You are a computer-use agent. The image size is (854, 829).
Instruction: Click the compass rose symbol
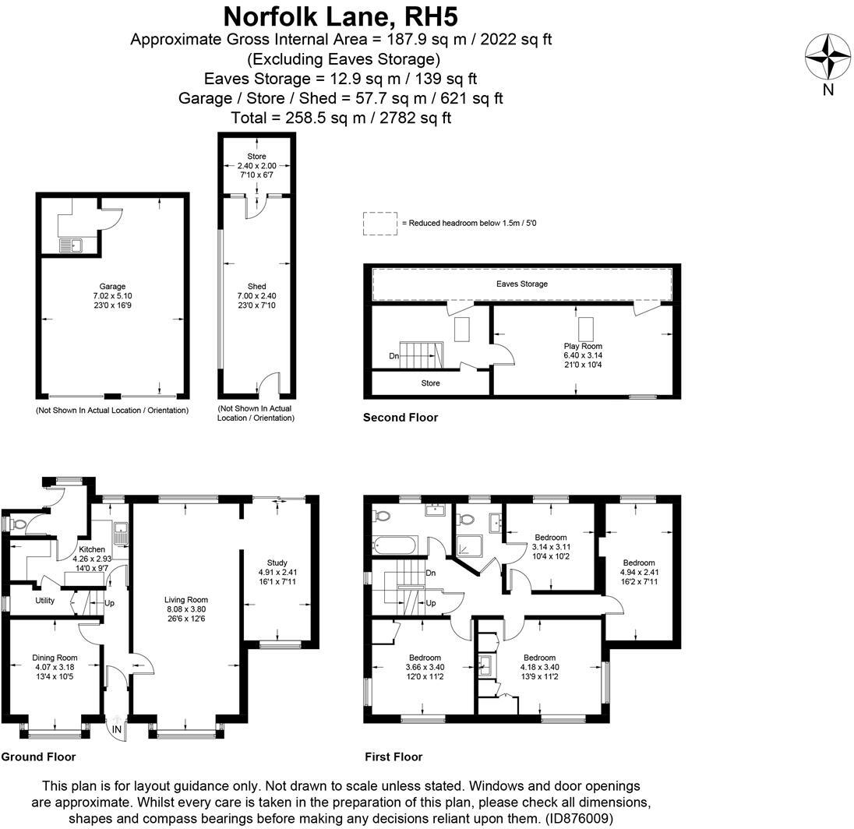pos(828,57)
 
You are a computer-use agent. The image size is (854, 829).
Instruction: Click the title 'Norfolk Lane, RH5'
pos(341,16)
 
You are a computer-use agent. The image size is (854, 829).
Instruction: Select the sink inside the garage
pos(71,245)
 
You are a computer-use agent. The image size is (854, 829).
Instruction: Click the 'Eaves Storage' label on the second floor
pos(521,284)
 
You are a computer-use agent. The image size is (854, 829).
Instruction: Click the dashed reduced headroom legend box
pos(379,224)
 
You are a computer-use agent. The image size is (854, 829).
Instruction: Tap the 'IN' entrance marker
pos(117,729)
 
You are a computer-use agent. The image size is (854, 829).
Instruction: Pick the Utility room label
pos(44,601)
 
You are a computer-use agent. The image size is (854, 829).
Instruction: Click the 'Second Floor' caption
pos(400,418)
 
